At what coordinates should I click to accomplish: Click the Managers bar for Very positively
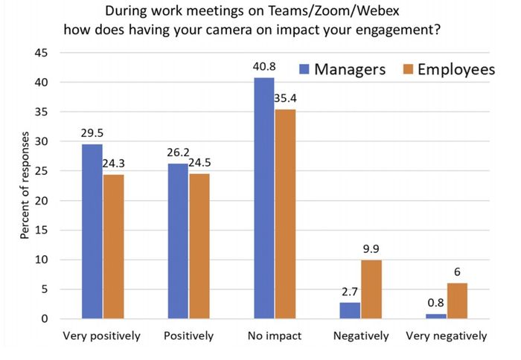(x=92, y=231)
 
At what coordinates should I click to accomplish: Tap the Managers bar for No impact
(x=263, y=198)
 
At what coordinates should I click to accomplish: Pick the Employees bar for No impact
(x=285, y=214)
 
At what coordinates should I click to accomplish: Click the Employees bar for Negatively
(x=371, y=289)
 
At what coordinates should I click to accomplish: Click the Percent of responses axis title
(x=25, y=186)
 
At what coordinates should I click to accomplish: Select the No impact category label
(x=275, y=336)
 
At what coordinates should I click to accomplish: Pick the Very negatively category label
(x=447, y=336)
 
